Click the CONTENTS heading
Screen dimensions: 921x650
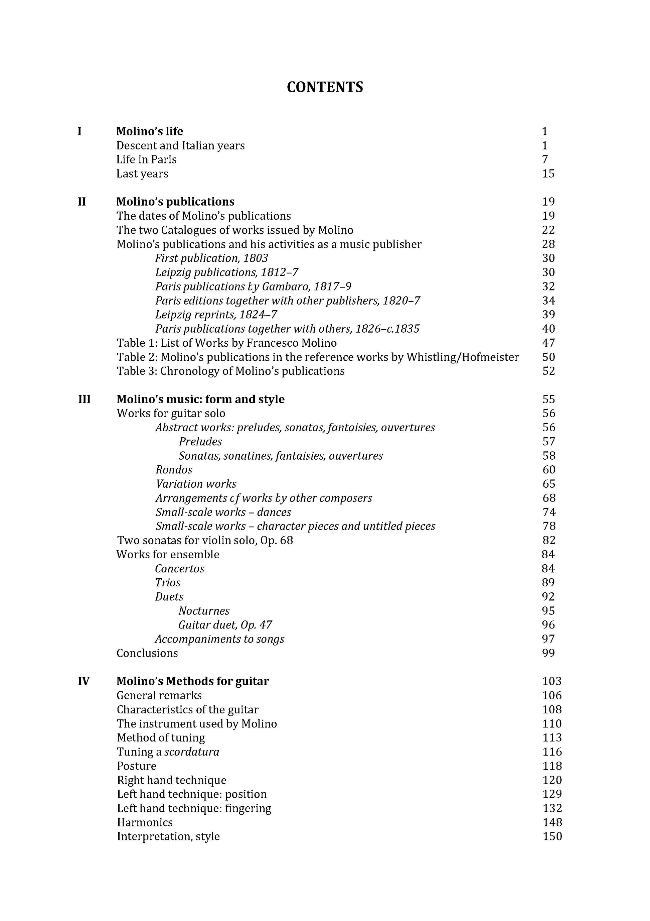tap(325, 87)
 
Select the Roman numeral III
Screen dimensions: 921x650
tap(84, 399)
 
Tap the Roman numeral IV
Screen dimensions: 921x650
tap(84, 681)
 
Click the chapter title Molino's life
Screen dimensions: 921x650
tap(150, 131)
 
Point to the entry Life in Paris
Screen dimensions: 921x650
tap(146, 160)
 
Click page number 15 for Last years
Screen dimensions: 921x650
tap(548, 174)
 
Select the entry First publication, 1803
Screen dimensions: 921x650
tap(211, 258)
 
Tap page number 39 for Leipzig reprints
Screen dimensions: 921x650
tap(548, 315)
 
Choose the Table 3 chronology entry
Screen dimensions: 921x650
tap(230, 371)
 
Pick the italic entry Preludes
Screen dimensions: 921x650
tap(200, 442)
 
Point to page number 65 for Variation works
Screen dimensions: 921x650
tap(548, 484)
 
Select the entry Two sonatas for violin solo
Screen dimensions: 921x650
tap(205, 540)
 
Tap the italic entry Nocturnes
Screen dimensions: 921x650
tap(204, 611)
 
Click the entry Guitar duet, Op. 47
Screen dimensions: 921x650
tap(225, 625)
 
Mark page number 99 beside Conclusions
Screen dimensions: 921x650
tap(548, 653)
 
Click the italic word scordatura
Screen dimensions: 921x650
tap(191, 752)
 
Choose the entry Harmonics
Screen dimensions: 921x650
tap(145, 822)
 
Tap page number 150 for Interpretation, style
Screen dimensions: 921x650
tap(552, 836)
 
